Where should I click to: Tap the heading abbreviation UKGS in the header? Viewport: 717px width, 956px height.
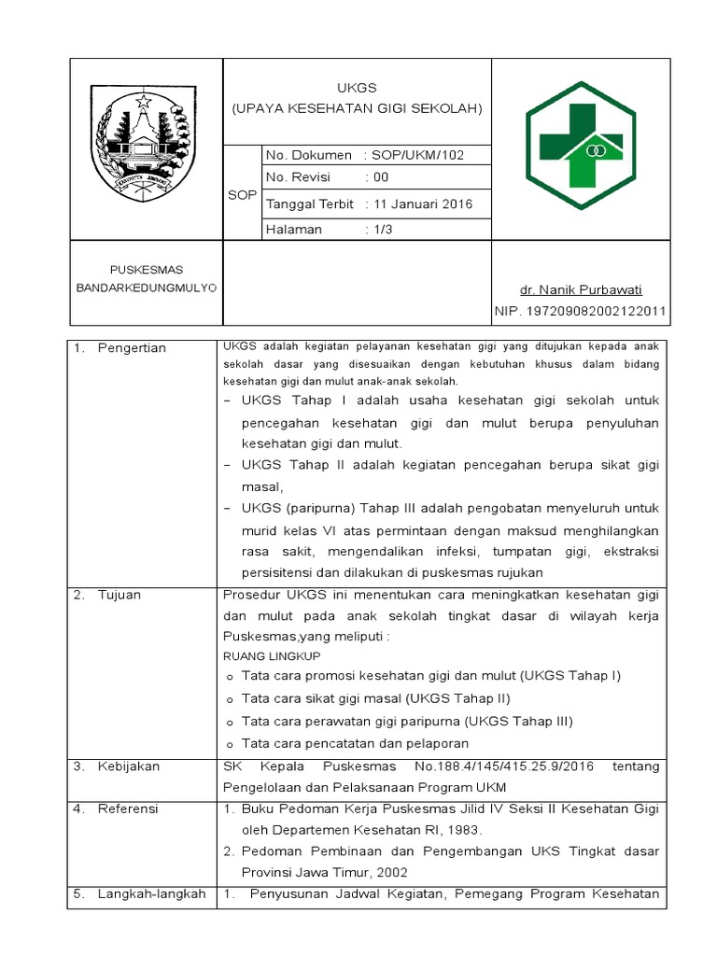357,89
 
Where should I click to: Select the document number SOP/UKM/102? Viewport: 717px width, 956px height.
417,155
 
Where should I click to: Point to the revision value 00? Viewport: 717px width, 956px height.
381,177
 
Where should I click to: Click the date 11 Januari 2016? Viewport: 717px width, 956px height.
422,204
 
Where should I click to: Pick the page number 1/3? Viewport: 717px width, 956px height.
383,229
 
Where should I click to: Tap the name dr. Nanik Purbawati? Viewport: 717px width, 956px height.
581,289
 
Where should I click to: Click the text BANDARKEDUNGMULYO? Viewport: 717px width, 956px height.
146,287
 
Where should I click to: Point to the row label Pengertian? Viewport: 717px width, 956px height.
132,348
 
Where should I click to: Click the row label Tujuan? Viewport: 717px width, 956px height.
119,595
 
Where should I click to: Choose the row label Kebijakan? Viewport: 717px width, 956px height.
129,766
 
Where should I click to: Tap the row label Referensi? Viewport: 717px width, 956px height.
128,808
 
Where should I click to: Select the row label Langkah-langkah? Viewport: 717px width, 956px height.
151,894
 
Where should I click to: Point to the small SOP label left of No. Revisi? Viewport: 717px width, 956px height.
242,194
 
